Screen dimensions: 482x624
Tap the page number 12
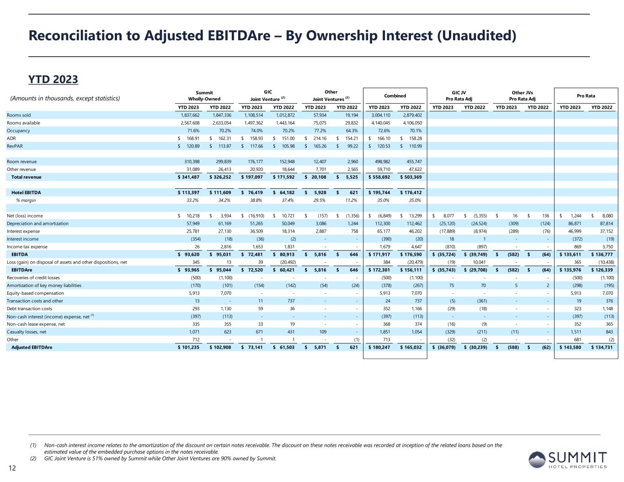tap(12, 467)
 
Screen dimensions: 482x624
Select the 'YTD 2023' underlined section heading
tap(53, 79)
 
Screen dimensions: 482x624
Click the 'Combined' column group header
tap(395, 96)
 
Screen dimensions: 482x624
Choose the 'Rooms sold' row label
tap(19, 115)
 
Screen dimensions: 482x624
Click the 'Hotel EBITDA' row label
tap(26, 192)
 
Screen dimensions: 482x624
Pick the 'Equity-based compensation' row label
tap(35, 293)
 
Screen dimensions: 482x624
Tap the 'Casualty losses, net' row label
tap(27, 332)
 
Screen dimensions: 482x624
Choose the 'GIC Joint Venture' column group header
tap(267, 95)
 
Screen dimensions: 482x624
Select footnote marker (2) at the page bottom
tap(33, 459)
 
